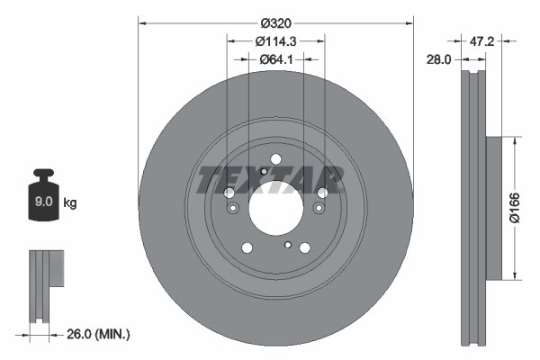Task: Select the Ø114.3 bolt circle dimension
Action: point(274,40)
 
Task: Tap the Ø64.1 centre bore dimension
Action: point(274,59)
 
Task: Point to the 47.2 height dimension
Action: point(483,41)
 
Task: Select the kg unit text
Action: point(70,203)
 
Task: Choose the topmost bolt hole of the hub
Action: point(274,162)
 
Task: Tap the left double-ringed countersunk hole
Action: point(233,210)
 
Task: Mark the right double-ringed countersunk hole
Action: point(318,210)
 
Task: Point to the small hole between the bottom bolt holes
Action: point(287,244)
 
